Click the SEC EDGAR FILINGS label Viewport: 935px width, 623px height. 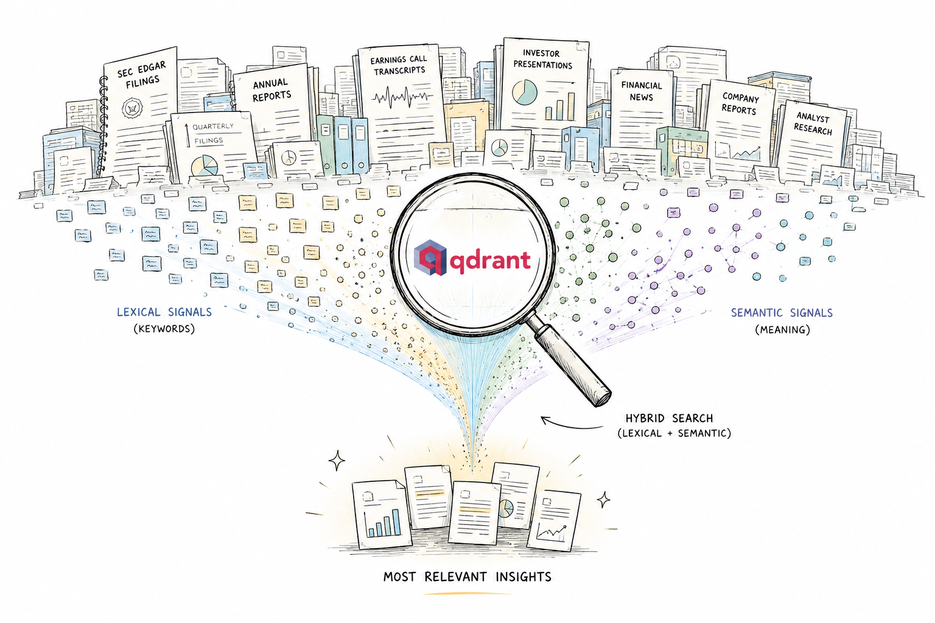click(x=141, y=75)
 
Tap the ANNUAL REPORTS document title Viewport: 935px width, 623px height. click(x=271, y=89)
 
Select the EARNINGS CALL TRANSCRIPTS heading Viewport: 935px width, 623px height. click(x=399, y=65)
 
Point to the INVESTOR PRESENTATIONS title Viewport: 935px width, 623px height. click(x=542, y=59)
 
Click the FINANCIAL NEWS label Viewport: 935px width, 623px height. click(x=642, y=91)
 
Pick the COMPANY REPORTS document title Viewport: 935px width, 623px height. click(x=740, y=103)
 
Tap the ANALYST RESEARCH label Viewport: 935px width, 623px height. click(x=813, y=124)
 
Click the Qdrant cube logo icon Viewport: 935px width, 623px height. click(x=430, y=258)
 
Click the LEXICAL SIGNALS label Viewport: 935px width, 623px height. click(x=164, y=312)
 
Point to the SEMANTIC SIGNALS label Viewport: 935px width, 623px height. click(x=782, y=313)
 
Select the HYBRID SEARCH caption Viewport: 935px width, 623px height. click(x=669, y=418)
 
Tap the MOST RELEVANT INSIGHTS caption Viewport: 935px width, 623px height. click(x=467, y=577)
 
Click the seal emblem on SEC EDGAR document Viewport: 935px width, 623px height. click(x=132, y=108)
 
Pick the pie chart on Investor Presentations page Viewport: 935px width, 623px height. click(x=524, y=92)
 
